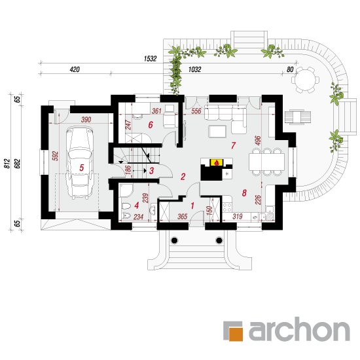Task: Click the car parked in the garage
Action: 80,163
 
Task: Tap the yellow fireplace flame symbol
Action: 216,162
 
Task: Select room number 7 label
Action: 233,145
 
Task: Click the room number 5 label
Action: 82,168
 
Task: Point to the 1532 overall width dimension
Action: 150,59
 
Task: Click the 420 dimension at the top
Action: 75,69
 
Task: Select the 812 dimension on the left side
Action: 7,164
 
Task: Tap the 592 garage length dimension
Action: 56,156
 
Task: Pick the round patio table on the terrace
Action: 305,80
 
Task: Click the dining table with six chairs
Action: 267,162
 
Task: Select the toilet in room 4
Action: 126,206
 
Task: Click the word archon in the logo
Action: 299,329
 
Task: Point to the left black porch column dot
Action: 175,240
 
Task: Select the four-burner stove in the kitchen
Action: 227,207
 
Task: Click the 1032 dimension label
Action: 194,69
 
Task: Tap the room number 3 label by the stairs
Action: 152,171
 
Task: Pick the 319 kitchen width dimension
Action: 238,216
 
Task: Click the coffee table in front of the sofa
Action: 217,132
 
